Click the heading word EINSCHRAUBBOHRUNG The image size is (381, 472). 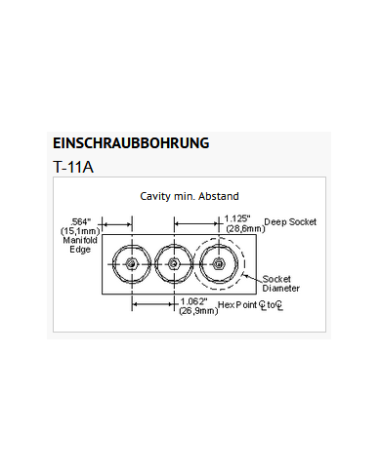tap(130, 143)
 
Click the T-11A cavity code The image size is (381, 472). tap(74, 167)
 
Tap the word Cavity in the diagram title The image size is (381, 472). tap(156, 196)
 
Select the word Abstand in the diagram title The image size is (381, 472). tap(218, 196)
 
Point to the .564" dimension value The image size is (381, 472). tap(82, 220)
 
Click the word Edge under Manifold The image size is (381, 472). tap(80, 250)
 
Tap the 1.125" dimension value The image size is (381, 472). tap(238, 218)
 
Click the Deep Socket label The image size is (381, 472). tap(290, 222)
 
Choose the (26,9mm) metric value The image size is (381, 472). tap(198, 311)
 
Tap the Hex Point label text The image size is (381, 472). tap(240, 305)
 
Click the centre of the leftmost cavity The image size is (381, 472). tap(129, 263)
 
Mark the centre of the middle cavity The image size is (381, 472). tap(173, 263)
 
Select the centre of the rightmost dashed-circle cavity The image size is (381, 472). tap(219, 263)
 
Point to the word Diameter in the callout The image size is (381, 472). tap(281, 289)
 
